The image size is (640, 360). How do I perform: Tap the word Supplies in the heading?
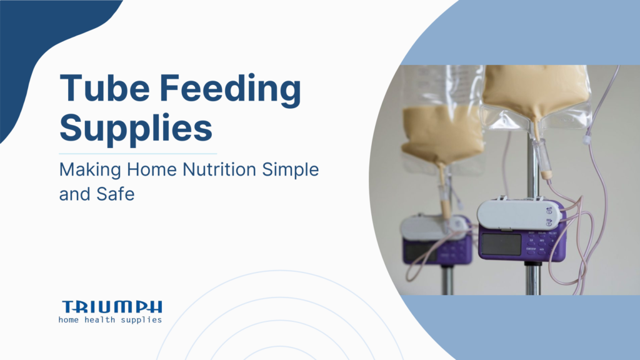point(136,129)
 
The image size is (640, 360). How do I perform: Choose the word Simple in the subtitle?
point(294,170)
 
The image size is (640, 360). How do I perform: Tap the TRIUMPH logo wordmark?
point(112,306)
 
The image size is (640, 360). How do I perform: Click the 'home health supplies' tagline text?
point(110,320)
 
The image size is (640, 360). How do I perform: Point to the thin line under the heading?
point(137,153)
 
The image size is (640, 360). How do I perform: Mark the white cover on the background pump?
point(428,226)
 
